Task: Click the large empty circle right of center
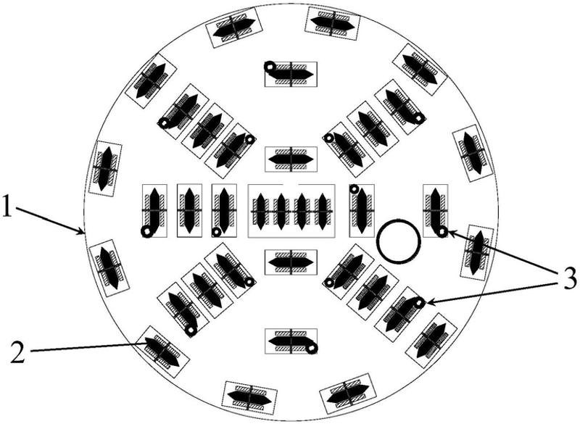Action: pyautogui.click(x=398, y=242)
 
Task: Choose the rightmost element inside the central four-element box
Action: pyautogui.click(x=323, y=211)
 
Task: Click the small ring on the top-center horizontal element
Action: pyautogui.click(x=269, y=67)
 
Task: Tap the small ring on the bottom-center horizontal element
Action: pyautogui.click(x=312, y=349)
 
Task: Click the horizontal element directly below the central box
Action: pyautogui.click(x=291, y=262)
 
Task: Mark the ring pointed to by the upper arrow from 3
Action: pyautogui.click(x=441, y=232)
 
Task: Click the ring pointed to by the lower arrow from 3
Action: pyautogui.click(x=419, y=304)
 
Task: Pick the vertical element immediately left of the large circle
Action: pyautogui.click(x=362, y=210)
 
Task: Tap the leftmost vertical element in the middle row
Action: pyautogui.click(x=154, y=210)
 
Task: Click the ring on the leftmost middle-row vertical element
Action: pyautogui.click(x=147, y=232)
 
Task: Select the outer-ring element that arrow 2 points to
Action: pyautogui.click(x=162, y=352)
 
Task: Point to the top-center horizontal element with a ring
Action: pyautogui.click(x=291, y=74)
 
